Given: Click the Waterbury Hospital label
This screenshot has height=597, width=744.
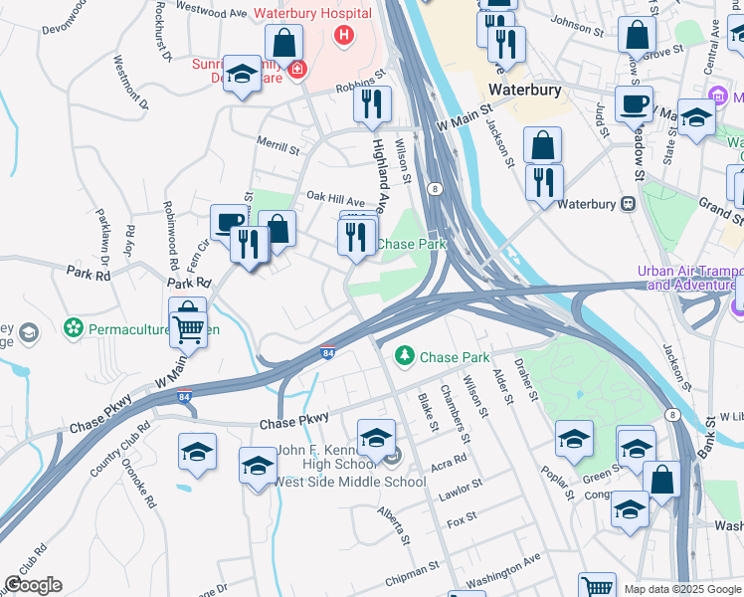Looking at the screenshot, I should pos(312,14).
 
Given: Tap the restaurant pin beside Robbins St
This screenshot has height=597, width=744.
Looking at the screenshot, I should pos(373,104).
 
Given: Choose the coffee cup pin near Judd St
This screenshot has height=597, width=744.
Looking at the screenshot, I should pos(633,103).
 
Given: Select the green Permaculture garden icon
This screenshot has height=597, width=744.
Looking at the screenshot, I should pos(72,326).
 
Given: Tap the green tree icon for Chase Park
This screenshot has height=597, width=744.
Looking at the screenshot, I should pos(405,355).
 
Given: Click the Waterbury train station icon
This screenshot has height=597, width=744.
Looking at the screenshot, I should pos(628,205).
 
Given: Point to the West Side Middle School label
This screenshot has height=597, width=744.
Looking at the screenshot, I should pos(349,483).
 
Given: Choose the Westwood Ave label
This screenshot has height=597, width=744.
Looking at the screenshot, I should pos(210,12).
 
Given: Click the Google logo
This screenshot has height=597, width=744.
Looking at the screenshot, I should pos(33,586).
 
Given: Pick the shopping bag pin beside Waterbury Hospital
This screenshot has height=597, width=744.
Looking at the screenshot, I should pos(284,44).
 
